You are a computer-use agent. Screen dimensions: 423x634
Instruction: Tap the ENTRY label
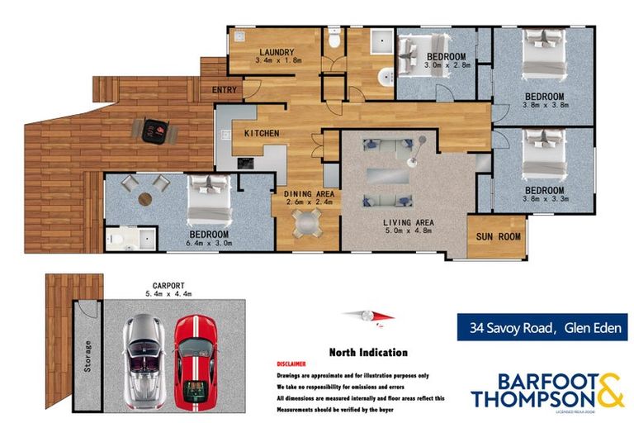tap(225, 90)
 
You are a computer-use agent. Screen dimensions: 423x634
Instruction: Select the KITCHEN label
tap(261, 133)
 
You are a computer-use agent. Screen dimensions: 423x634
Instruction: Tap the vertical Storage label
tap(88, 355)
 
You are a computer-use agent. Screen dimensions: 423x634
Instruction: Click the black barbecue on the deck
tap(153, 129)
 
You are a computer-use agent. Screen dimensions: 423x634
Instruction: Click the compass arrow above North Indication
tap(368, 315)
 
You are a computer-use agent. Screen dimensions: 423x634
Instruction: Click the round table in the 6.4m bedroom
tap(145, 198)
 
